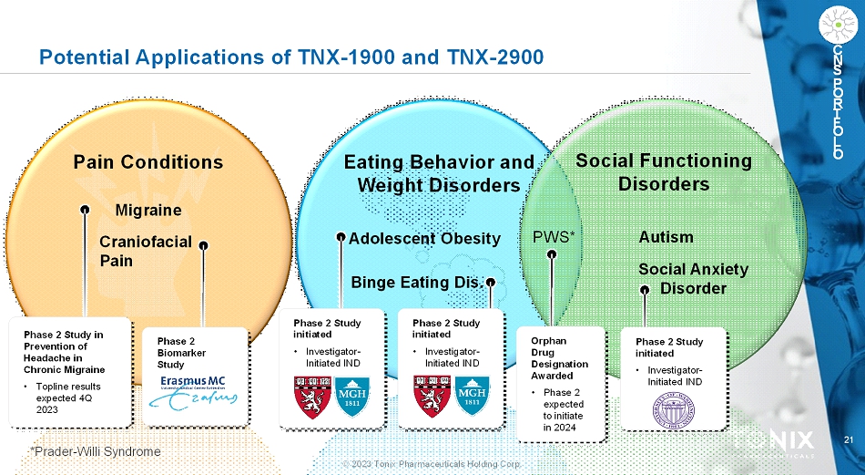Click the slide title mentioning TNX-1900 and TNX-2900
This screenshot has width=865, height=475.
pyautogui.click(x=291, y=57)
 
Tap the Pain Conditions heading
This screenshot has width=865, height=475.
pyautogui.click(x=148, y=162)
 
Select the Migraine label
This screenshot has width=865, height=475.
pyautogui.click(x=148, y=210)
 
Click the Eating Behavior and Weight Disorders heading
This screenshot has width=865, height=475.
pyautogui.click(x=439, y=173)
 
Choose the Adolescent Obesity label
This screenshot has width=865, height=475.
pyautogui.click(x=424, y=239)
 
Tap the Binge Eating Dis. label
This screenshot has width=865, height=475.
pyautogui.click(x=416, y=281)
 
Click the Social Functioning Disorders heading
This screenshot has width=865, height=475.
pyautogui.click(x=664, y=171)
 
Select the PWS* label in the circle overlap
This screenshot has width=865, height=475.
pyautogui.click(x=554, y=238)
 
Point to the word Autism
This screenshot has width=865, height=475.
pyautogui.click(x=666, y=237)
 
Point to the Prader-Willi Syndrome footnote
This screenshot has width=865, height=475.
pyautogui.click(x=95, y=452)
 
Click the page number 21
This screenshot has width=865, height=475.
pyautogui.click(x=849, y=441)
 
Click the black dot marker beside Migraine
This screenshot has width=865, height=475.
pyautogui.click(x=84, y=209)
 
